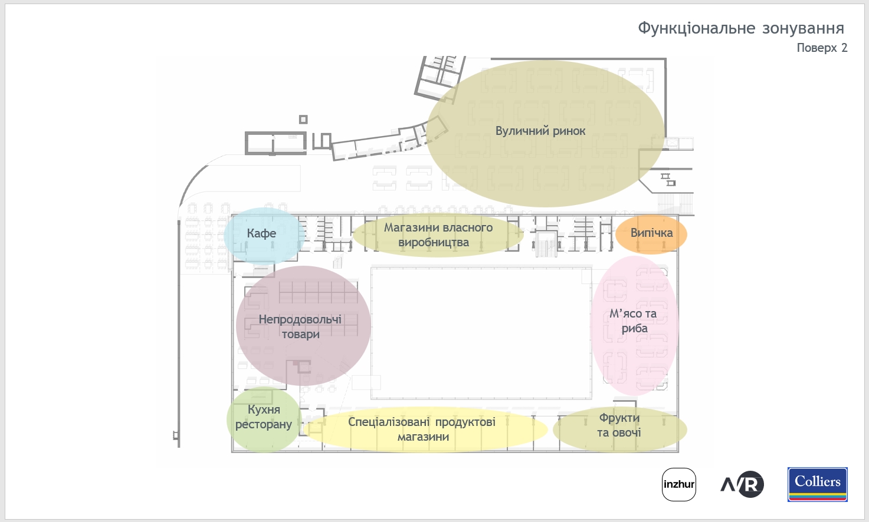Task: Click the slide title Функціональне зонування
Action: (x=741, y=28)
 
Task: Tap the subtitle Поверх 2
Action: (x=822, y=48)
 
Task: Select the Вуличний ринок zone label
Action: (x=540, y=131)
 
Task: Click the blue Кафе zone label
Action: (x=261, y=233)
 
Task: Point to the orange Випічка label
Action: (x=651, y=233)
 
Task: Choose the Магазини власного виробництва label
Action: (x=438, y=235)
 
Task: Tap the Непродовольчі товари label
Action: (x=300, y=326)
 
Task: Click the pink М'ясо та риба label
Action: (x=633, y=321)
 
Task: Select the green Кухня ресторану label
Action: (x=264, y=417)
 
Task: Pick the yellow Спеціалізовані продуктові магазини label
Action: (x=422, y=430)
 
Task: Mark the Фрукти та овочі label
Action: (x=619, y=425)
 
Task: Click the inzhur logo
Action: (x=679, y=484)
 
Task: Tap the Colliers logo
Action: (x=818, y=484)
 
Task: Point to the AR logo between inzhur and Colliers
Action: (x=742, y=484)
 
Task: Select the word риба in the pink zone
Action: (x=634, y=329)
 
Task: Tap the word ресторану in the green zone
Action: (x=264, y=425)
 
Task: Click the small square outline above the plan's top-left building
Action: (x=303, y=120)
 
